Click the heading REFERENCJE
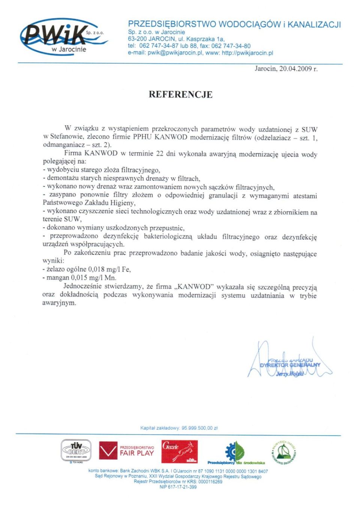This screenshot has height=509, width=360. click(x=180, y=94)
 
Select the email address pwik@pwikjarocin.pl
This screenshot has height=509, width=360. click(x=175, y=53)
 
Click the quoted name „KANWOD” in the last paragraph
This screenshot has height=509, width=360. click(x=194, y=287)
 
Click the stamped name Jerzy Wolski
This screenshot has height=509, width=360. click(x=290, y=374)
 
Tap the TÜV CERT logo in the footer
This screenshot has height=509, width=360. click(x=76, y=450)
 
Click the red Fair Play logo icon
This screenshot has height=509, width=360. click(x=108, y=451)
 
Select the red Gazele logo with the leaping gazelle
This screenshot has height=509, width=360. click(x=179, y=452)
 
